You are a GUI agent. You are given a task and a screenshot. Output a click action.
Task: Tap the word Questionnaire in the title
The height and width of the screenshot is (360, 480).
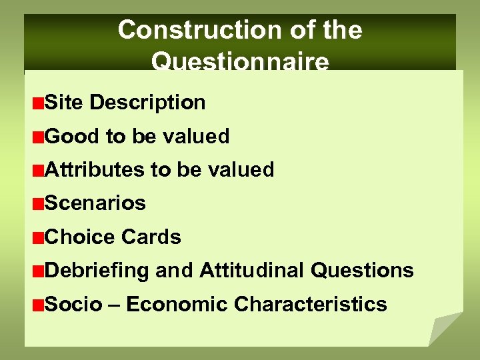tap(240, 61)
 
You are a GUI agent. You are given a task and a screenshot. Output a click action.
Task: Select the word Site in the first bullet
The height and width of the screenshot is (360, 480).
tap(63, 103)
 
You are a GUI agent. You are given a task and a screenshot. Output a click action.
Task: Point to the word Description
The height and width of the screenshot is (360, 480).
tap(147, 103)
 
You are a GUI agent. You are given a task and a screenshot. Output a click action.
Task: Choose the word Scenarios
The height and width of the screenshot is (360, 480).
tap(95, 203)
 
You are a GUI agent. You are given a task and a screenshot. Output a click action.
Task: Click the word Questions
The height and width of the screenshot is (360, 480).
tap(363, 271)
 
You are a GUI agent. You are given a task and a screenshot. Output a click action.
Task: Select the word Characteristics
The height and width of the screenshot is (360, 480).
tap(310, 305)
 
